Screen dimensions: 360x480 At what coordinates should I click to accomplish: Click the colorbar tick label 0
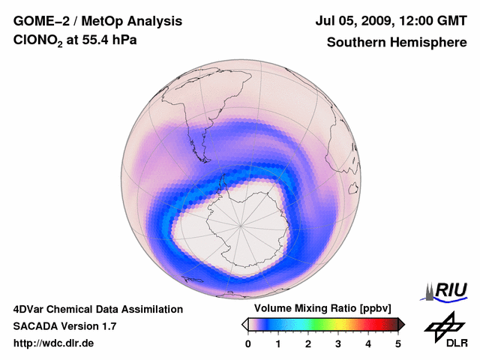[x=248, y=343]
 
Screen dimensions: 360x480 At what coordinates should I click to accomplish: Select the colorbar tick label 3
[x=338, y=343]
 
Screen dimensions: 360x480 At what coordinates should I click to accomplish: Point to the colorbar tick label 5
[x=398, y=343]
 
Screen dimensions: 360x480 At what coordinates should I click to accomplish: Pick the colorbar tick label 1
[x=278, y=343]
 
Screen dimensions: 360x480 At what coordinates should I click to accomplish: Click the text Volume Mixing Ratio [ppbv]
[x=319, y=309]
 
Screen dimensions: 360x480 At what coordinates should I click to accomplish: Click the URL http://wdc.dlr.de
[x=54, y=343]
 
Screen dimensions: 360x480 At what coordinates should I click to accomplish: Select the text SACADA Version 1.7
[x=64, y=326]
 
